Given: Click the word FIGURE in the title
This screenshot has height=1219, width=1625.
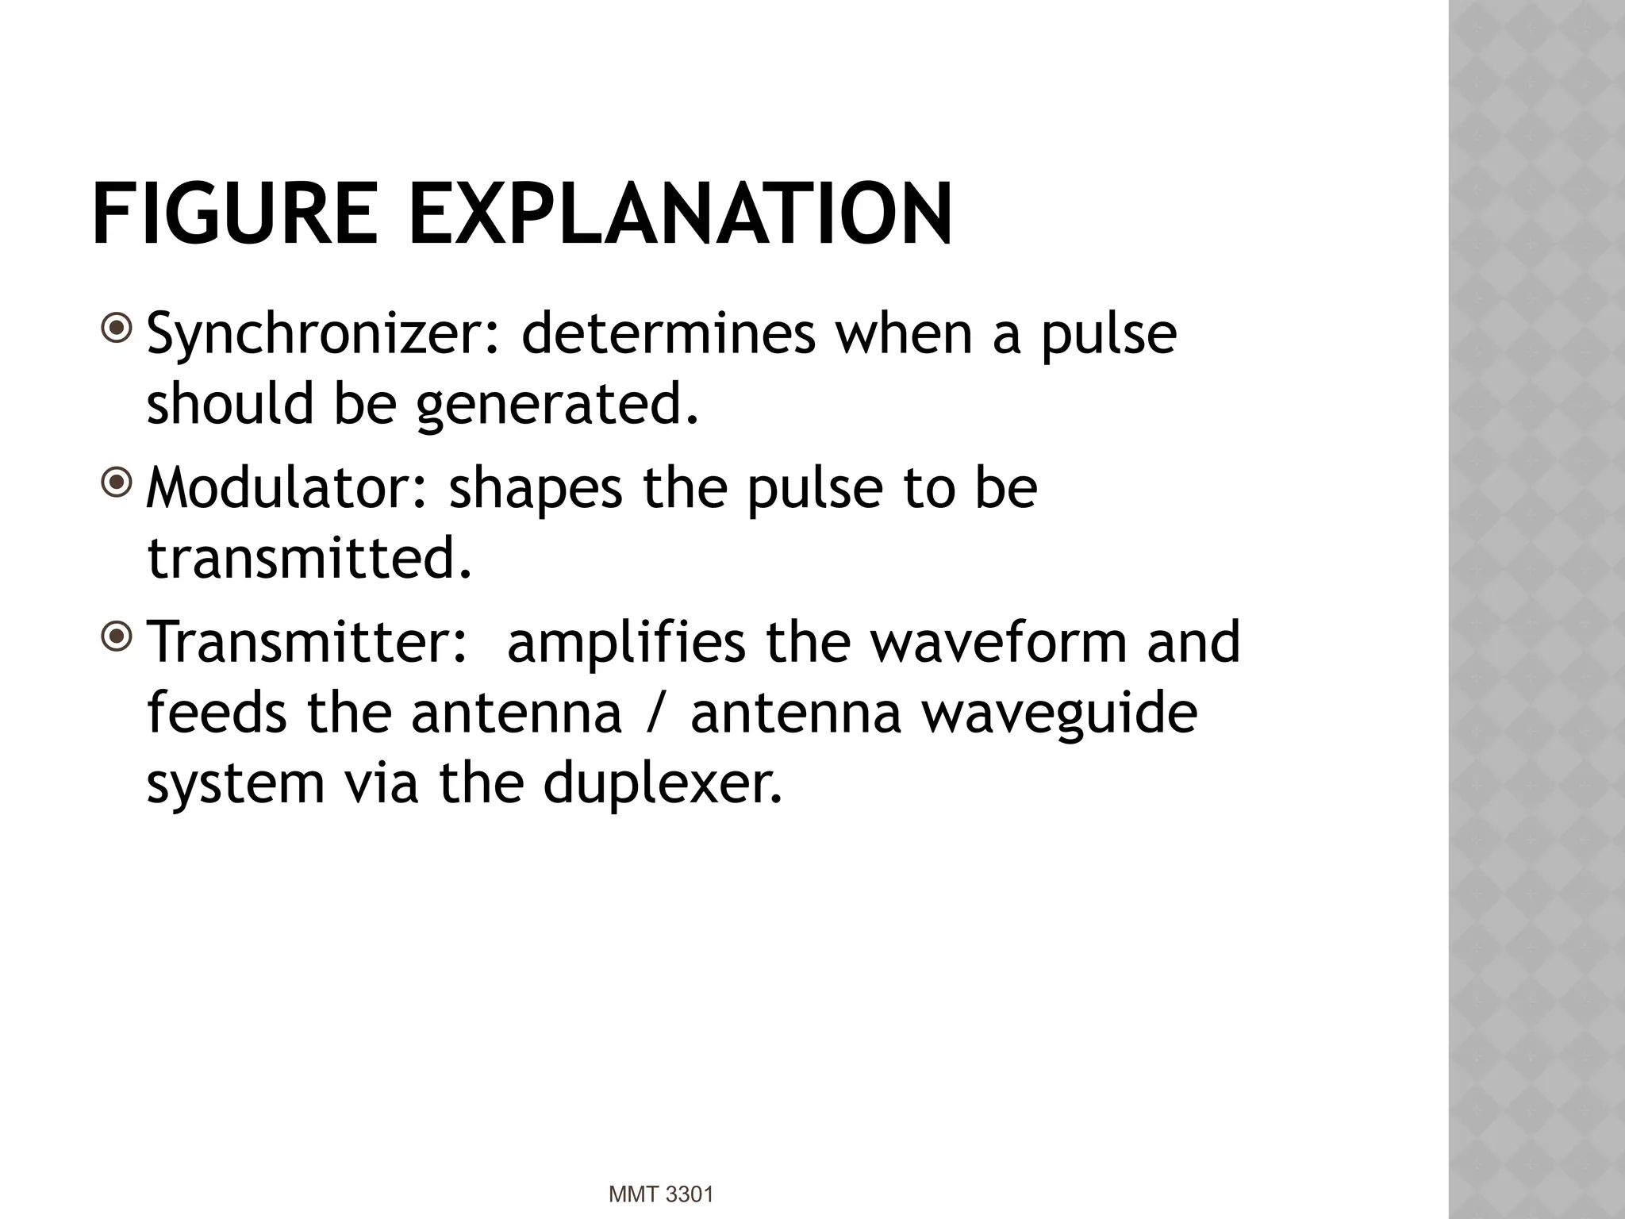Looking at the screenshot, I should pyautogui.click(x=235, y=215).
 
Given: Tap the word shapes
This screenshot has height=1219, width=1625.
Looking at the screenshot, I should pyautogui.click(x=536, y=489).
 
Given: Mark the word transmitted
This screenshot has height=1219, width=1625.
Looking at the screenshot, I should pyautogui.click(x=309, y=558).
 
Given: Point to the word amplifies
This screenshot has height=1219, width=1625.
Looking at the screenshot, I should pyautogui.click(x=626, y=643).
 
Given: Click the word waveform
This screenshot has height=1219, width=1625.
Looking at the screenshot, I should pyautogui.click(x=999, y=643).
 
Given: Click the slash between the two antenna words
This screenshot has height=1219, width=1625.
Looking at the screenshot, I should pyautogui.click(x=655, y=713).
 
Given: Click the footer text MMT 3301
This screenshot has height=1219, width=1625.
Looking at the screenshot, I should pyautogui.click(x=661, y=1194).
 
